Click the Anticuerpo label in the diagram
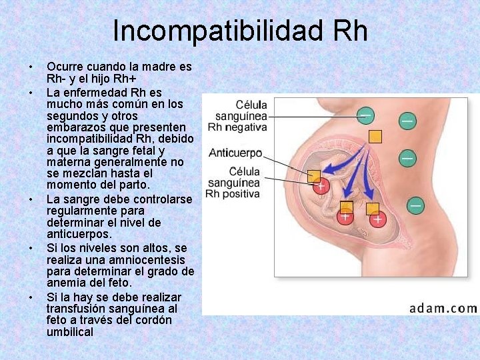pyautogui.click(x=235, y=153)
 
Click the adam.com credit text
pyautogui.click(x=443, y=308)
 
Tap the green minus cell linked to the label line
pyautogui.click(x=365, y=116)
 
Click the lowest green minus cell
pyautogui.click(x=415, y=205)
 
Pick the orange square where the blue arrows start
pyautogui.click(x=376, y=136)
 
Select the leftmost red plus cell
pyautogui.click(x=321, y=186)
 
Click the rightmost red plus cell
pyautogui.click(x=378, y=218)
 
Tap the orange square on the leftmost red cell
pyautogui.click(x=313, y=176)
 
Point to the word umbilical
pyautogui.click(x=70, y=331)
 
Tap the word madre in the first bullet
pyautogui.click(x=159, y=67)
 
